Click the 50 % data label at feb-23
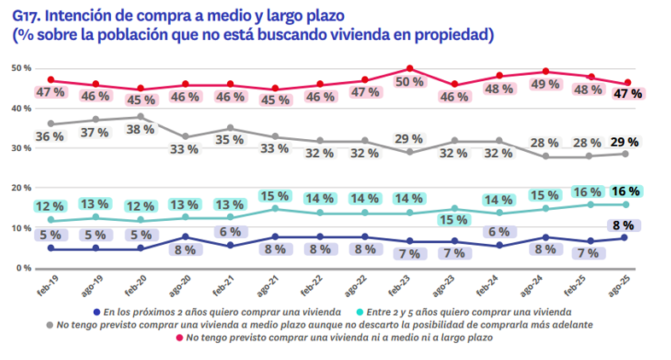pos(410,82)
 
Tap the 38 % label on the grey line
pos(138,130)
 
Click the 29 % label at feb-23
pos(410,138)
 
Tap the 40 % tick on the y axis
pos(21,108)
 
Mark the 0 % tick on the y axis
pos(24,268)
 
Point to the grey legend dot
pos(50,325)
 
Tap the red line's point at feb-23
pos(410,68)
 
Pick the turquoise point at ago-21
pos(274,208)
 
